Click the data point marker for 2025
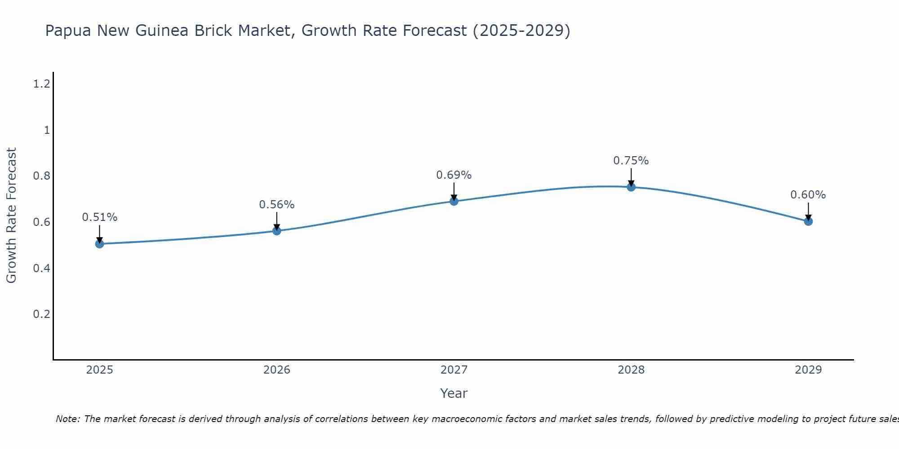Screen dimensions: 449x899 100,244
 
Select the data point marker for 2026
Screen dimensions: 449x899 277,231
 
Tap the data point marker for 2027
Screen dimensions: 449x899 454,201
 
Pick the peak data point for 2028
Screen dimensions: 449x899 631,187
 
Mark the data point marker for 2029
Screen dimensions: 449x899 808,221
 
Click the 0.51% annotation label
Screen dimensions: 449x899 100,217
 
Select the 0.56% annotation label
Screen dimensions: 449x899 277,205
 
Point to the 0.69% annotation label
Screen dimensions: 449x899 454,175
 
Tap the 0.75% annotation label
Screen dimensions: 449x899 631,161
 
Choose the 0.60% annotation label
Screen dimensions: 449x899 808,195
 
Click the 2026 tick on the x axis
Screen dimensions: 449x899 277,370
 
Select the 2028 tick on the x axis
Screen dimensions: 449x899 631,370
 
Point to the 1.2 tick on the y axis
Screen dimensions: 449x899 41,84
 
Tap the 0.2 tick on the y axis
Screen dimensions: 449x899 41,314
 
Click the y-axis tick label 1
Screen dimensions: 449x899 46,130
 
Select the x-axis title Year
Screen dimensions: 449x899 454,393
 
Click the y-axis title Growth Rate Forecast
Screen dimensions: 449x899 11,216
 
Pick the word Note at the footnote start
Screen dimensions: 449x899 67,419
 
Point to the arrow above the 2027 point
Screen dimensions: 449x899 454,191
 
